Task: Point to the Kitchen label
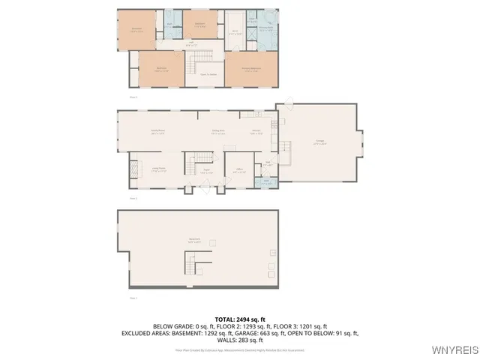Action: pyautogui.click(x=256, y=131)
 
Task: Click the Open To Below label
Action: pyautogui.click(x=208, y=74)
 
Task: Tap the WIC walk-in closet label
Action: pyautogui.click(x=234, y=31)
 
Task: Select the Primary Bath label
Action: pyautogui.click(x=265, y=30)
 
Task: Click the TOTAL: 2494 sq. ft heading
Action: pyautogui.click(x=240, y=319)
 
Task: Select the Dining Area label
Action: pyautogui.click(x=218, y=131)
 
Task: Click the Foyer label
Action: pyautogui.click(x=204, y=172)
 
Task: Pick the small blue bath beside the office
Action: pyautogui.click(x=267, y=181)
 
